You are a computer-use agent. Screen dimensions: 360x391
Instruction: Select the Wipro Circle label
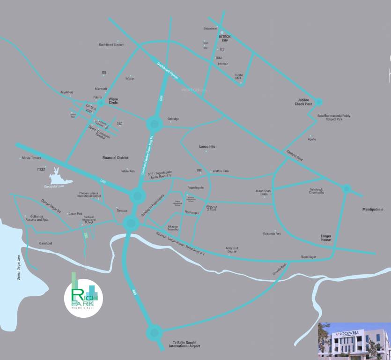pos(113,101)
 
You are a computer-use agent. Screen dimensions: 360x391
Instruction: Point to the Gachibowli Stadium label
pos(111,45)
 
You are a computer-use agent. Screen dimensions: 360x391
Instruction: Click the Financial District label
pos(115,158)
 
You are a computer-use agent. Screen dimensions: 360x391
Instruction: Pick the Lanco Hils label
pos(207,147)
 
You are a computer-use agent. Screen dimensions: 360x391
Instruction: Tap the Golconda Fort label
pos(272,233)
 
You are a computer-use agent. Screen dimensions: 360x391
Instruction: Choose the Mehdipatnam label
pos(372,209)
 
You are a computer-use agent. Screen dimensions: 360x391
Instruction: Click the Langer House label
pos(326,238)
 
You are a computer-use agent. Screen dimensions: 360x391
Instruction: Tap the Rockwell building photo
pos(354,341)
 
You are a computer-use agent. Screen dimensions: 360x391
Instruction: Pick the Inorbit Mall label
pos(239,76)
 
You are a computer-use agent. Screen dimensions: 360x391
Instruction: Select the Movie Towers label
pos(31,158)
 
